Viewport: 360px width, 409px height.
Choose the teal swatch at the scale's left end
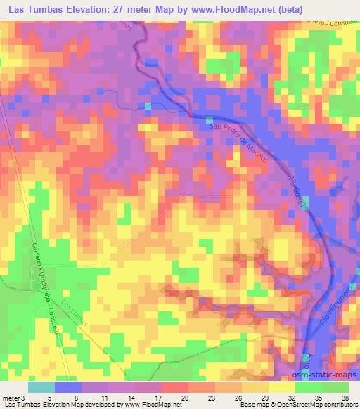click(41, 387)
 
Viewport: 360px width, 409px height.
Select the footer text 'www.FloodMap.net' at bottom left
click(151, 405)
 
